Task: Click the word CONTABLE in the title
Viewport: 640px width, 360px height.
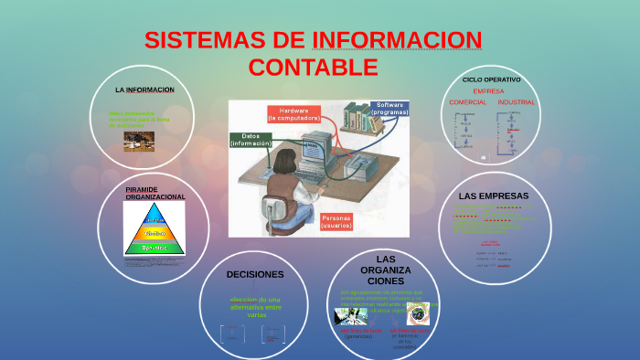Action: [x=313, y=67]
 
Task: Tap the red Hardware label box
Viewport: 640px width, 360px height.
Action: [x=293, y=114]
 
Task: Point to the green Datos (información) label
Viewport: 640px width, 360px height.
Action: [x=251, y=140]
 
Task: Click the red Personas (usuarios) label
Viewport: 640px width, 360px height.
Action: [x=342, y=221]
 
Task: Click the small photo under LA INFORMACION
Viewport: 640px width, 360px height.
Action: [x=139, y=140]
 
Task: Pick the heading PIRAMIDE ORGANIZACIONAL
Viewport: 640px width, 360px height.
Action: [x=155, y=193]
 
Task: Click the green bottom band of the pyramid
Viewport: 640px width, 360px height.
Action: [x=154, y=247]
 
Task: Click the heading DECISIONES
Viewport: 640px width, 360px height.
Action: [x=255, y=274]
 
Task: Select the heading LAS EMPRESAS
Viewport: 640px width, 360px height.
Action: [x=494, y=196]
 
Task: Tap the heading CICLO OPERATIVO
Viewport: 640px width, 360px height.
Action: [x=492, y=79]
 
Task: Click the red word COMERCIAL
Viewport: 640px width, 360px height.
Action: [x=468, y=102]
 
